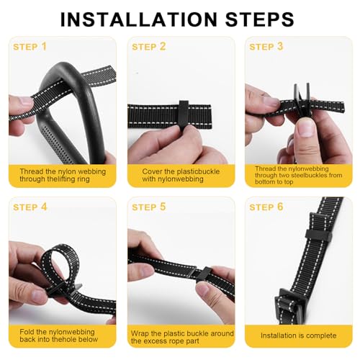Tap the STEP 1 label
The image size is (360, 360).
[x=30, y=47]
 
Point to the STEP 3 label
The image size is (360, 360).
[x=266, y=47]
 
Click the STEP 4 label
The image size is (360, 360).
[x=30, y=207]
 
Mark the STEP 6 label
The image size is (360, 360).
[x=266, y=207]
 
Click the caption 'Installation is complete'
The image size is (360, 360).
[x=298, y=336]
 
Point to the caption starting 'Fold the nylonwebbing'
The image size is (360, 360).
[x=61, y=336]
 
